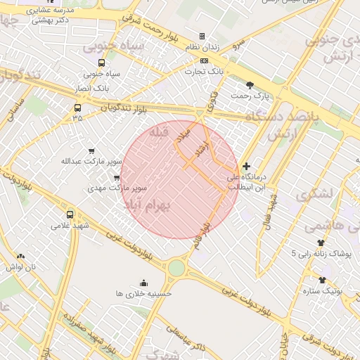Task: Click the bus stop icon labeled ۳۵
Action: click(x=77, y=108)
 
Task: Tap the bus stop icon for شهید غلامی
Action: click(x=70, y=214)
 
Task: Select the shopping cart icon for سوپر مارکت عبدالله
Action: click(x=91, y=151)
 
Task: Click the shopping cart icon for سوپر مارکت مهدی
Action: click(x=117, y=178)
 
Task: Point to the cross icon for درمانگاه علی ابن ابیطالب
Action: click(x=245, y=167)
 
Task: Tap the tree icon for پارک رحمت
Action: click(x=250, y=84)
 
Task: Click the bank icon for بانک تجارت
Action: click(x=204, y=61)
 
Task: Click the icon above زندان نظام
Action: click(x=202, y=36)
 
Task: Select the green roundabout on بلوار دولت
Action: click(x=176, y=268)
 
